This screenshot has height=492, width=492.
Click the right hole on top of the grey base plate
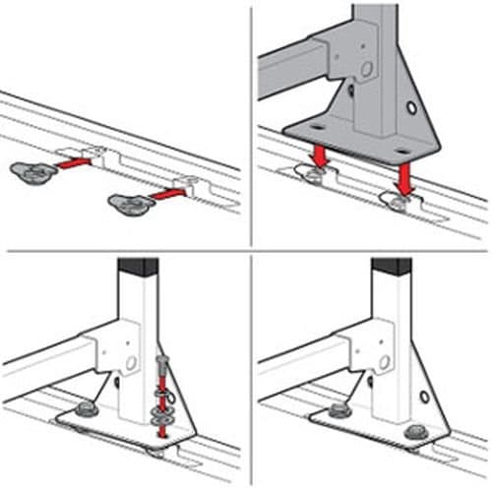click(x=400, y=151)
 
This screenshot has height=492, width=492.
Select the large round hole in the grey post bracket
click(x=366, y=70)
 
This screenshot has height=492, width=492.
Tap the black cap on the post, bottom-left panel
click(x=137, y=267)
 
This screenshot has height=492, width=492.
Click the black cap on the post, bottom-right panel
click(x=390, y=267)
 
